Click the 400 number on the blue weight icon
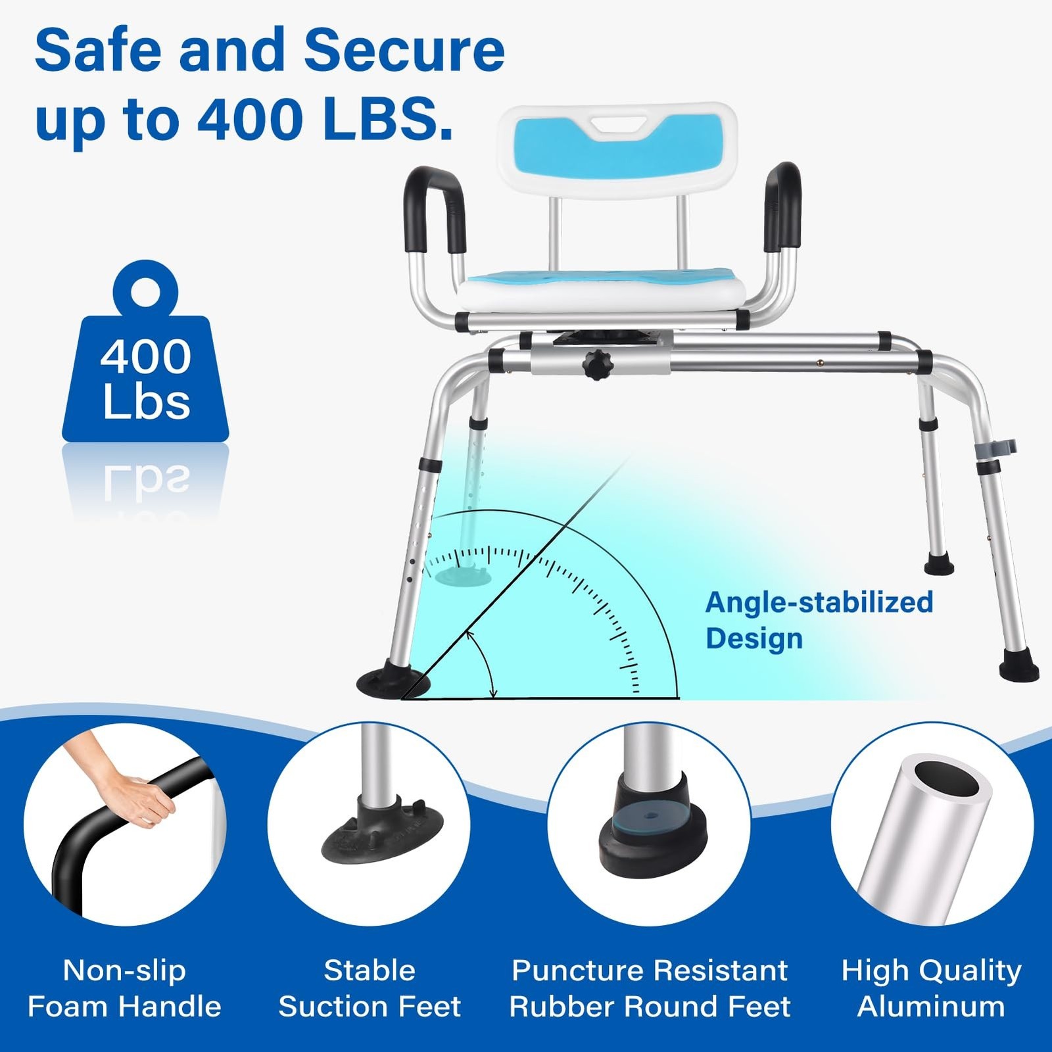[x=145, y=357]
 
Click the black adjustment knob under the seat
[x=597, y=365]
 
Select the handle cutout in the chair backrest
[x=617, y=125]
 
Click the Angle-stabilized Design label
[x=819, y=620]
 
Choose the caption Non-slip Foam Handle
[x=125, y=988]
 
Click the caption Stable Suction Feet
[x=370, y=988]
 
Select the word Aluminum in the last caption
[x=931, y=1007]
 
